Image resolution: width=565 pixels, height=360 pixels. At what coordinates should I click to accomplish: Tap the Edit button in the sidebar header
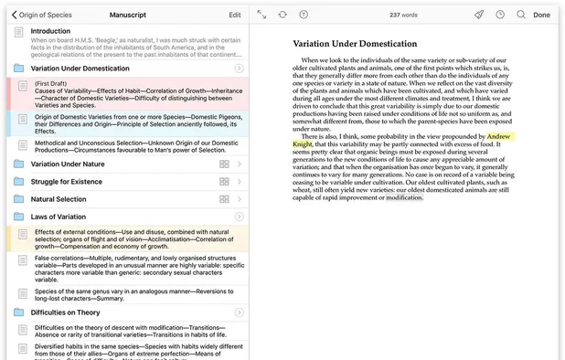click(x=235, y=15)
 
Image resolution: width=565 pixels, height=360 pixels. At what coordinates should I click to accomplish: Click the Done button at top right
click(x=541, y=15)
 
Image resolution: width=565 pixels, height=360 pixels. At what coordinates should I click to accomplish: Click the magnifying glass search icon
click(x=521, y=15)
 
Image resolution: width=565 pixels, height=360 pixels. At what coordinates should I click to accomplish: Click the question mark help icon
click(x=304, y=15)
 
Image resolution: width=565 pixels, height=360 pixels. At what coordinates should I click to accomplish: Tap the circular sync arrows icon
click(x=282, y=15)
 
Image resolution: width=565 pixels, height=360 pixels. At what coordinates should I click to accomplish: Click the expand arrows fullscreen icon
click(x=261, y=15)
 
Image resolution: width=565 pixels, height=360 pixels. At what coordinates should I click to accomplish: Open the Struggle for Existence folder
click(x=68, y=181)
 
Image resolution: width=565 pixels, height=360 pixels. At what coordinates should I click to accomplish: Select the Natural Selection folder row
click(x=59, y=198)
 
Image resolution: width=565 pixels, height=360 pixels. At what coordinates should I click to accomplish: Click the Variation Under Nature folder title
click(x=68, y=164)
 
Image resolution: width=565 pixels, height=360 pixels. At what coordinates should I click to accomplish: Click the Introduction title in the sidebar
click(x=50, y=31)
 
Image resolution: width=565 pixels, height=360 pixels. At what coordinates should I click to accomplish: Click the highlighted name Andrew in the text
click(x=499, y=136)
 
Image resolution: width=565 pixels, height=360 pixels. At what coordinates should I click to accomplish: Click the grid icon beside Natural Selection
click(x=224, y=198)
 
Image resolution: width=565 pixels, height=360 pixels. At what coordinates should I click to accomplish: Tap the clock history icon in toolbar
click(x=500, y=15)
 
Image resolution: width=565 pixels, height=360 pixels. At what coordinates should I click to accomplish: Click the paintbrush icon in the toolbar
click(x=479, y=15)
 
